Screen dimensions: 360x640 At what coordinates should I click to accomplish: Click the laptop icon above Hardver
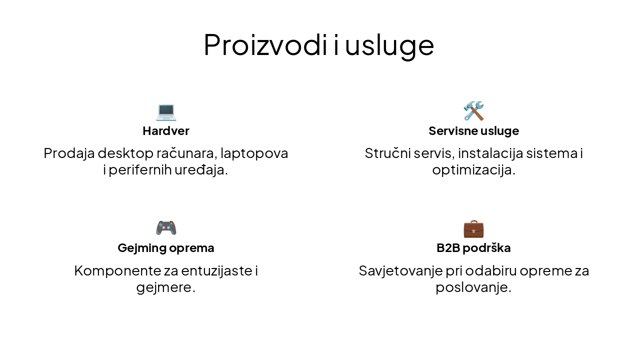[x=166, y=111]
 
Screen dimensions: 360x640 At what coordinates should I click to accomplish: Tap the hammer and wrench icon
[x=473, y=111]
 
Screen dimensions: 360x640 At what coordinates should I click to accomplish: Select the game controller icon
[x=166, y=228]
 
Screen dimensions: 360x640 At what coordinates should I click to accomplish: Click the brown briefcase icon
[x=473, y=228]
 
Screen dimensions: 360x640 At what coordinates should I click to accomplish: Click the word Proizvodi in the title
[x=263, y=45]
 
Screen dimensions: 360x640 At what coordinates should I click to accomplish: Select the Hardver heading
[x=166, y=131]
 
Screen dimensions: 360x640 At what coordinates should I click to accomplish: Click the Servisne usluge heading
[x=473, y=131]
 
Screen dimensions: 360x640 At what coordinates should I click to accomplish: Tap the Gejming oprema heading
[x=166, y=248]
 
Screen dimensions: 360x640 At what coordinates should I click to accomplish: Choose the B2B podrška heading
[x=473, y=248]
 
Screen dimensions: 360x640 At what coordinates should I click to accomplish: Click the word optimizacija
[x=473, y=170]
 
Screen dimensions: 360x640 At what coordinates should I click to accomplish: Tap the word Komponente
[x=117, y=271]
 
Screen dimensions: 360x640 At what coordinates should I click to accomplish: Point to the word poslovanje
[x=473, y=288]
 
